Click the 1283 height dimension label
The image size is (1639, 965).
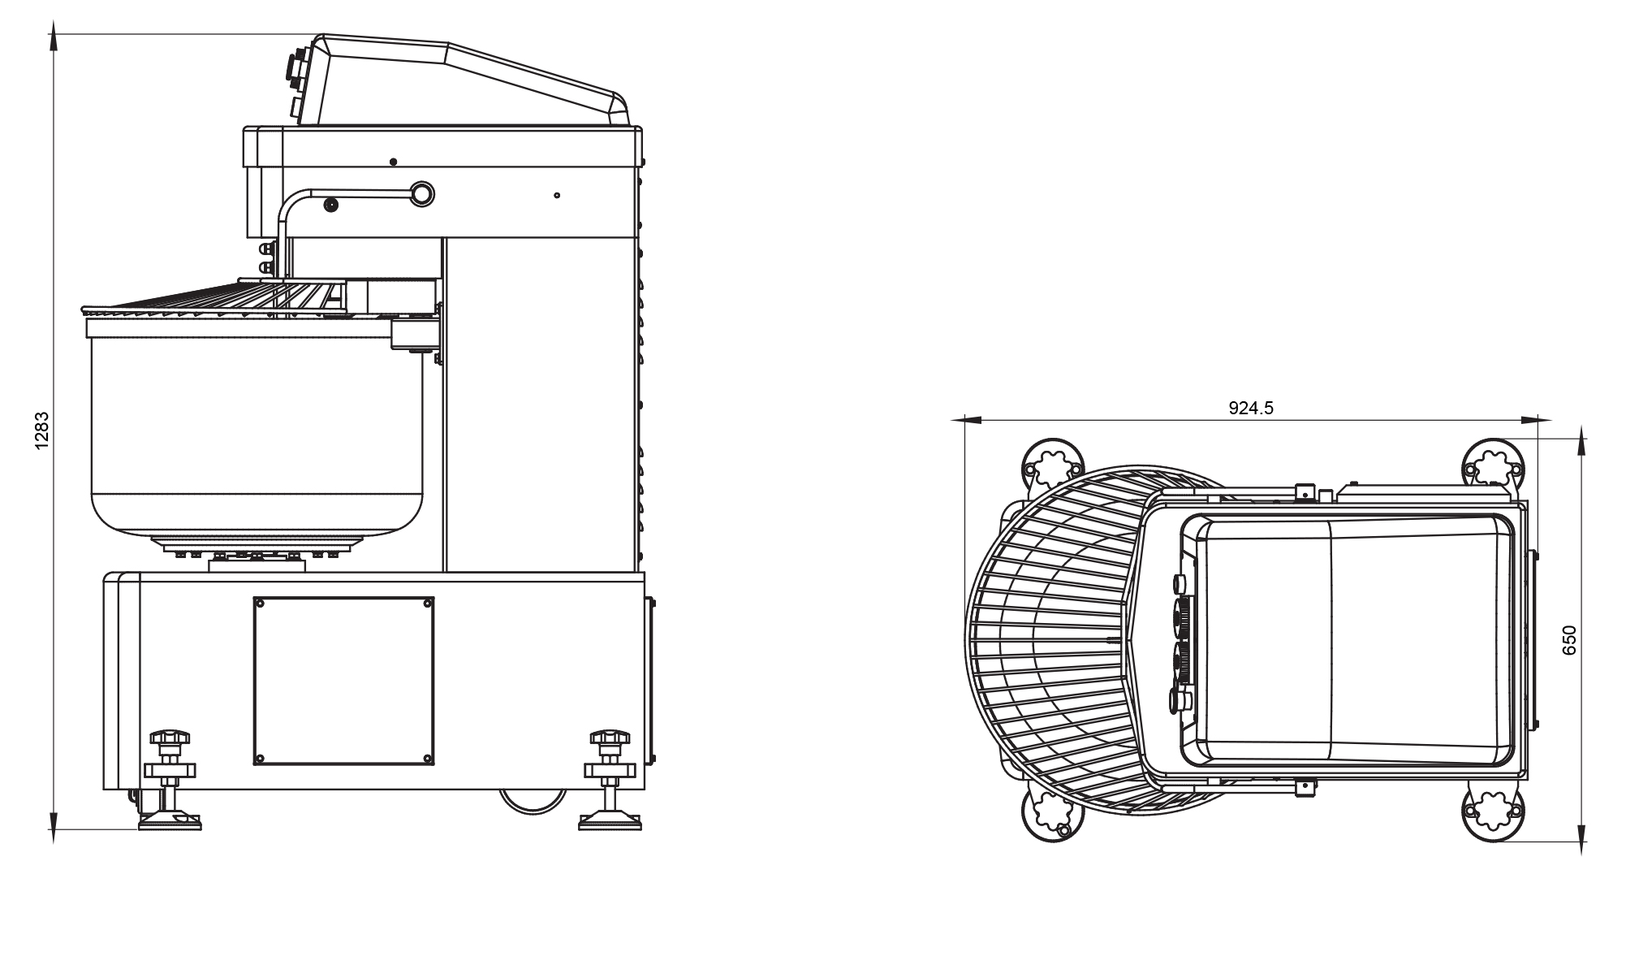click(42, 431)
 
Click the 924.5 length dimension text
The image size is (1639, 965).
click(1251, 408)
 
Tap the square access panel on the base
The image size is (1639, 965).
click(343, 681)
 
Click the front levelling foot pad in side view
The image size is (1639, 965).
click(170, 822)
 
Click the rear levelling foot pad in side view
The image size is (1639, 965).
click(610, 822)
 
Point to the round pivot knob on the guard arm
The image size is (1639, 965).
click(422, 193)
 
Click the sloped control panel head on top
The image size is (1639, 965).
click(463, 81)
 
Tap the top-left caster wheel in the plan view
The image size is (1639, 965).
click(1052, 467)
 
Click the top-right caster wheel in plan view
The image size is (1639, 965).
click(1493, 467)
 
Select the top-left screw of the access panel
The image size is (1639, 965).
click(260, 604)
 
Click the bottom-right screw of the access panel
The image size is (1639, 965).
click(427, 759)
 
